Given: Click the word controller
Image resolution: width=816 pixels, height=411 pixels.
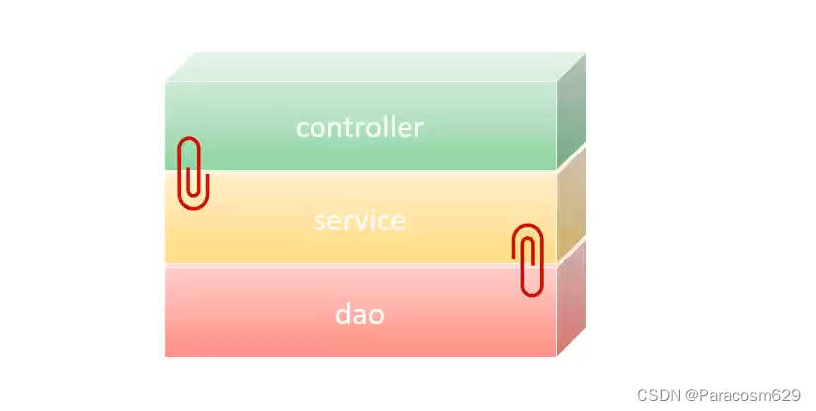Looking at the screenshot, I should pos(359,128).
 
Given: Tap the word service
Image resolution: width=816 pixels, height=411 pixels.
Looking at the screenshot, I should pos(359,220).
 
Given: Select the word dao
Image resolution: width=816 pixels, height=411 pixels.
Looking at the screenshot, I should pos(359,315).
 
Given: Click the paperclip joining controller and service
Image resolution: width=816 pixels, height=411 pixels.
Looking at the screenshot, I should pos(192,172).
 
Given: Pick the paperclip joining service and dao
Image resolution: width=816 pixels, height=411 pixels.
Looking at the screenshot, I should pos(529,259).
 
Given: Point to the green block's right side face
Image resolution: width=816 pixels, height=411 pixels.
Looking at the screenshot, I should pos(571,111).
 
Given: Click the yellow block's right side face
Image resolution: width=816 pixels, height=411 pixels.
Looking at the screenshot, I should pos(571,203).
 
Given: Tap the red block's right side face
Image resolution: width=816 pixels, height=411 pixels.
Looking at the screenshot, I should pos(571,296).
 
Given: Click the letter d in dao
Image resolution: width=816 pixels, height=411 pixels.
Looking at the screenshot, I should pos(342,315).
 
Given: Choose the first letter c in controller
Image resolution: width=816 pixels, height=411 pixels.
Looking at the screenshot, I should pos(302,129).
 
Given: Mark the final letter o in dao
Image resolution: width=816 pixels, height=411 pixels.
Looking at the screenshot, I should pos(375,316).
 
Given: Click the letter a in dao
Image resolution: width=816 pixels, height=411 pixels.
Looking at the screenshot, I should pos(358,316).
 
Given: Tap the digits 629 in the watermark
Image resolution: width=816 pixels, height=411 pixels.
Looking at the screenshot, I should pos(788,394).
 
